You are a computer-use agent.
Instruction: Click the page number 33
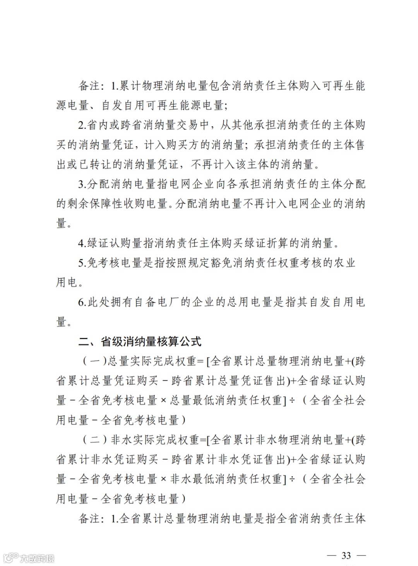point(346,555)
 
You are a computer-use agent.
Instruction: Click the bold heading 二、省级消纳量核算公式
point(140,341)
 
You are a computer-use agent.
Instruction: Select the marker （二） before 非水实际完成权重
point(94,440)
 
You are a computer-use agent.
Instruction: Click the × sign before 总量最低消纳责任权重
point(163,401)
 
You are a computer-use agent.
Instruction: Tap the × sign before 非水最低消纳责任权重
point(163,479)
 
